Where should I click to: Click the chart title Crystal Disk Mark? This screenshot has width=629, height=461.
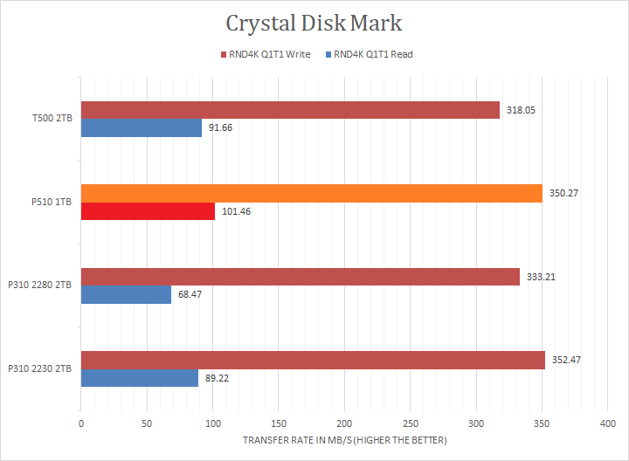coord(314,23)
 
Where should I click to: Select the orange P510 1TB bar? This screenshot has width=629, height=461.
coord(311,193)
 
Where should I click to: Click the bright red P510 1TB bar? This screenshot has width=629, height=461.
coord(148,211)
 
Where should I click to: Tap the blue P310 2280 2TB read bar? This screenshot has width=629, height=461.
coord(126,294)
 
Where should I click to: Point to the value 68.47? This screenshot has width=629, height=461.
coord(190,294)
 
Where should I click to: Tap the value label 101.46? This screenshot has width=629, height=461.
coord(237,211)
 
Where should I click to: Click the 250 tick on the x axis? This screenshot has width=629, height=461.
coord(410,423)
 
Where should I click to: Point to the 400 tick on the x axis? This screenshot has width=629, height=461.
coord(607,423)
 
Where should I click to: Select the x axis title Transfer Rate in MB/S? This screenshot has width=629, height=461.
coord(344,440)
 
